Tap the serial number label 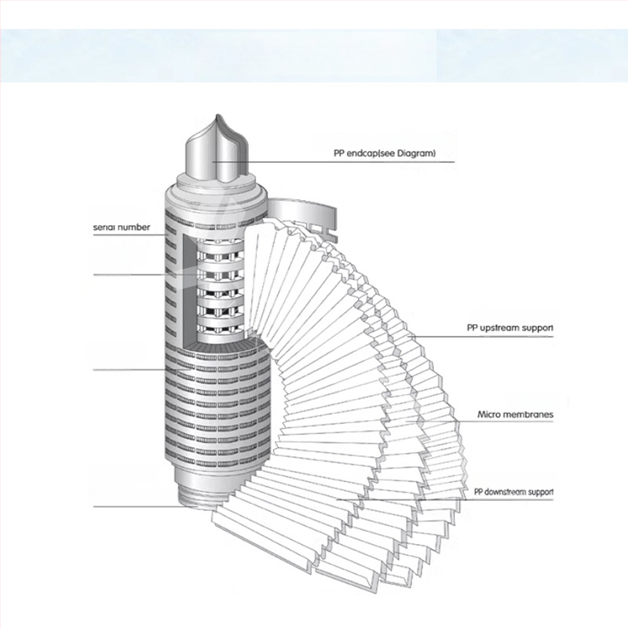coord(126,227)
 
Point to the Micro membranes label coord(516,413)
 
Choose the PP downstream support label coord(513,492)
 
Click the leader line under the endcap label coord(353,162)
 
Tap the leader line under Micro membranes coord(502,422)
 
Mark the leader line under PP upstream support coord(487,336)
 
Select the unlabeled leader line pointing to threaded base coord(133,506)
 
